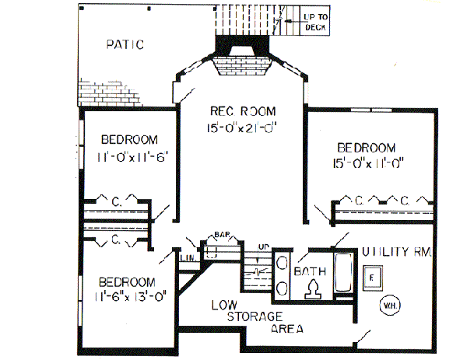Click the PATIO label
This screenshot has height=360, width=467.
(125, 44)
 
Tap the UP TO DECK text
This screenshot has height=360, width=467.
(314, 22)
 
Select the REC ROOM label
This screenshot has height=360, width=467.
(242, 111)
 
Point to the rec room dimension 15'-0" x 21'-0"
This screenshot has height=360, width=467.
(242, 128)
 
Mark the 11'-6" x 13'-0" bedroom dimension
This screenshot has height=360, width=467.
(127, 296)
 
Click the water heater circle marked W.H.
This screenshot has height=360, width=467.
(389, 304)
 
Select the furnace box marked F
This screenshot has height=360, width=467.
(373, 275)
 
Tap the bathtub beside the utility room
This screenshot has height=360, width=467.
(342, 274)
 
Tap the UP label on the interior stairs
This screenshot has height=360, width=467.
(263, 247)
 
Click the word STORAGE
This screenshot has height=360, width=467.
(254, 316)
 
